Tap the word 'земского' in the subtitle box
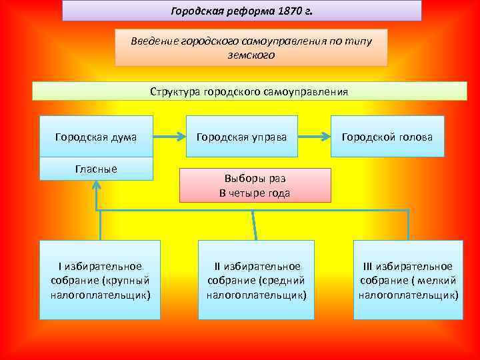251,56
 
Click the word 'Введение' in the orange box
153,41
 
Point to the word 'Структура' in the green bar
175,91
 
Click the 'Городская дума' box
96,137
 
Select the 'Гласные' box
96,169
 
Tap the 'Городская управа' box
242,137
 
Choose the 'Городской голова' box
387,137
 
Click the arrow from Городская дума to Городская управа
171,137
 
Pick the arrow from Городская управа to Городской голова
315,137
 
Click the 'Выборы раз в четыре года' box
255,185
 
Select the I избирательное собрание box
100,280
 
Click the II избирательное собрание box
257,280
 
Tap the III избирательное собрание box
408,280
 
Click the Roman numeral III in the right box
367,266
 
